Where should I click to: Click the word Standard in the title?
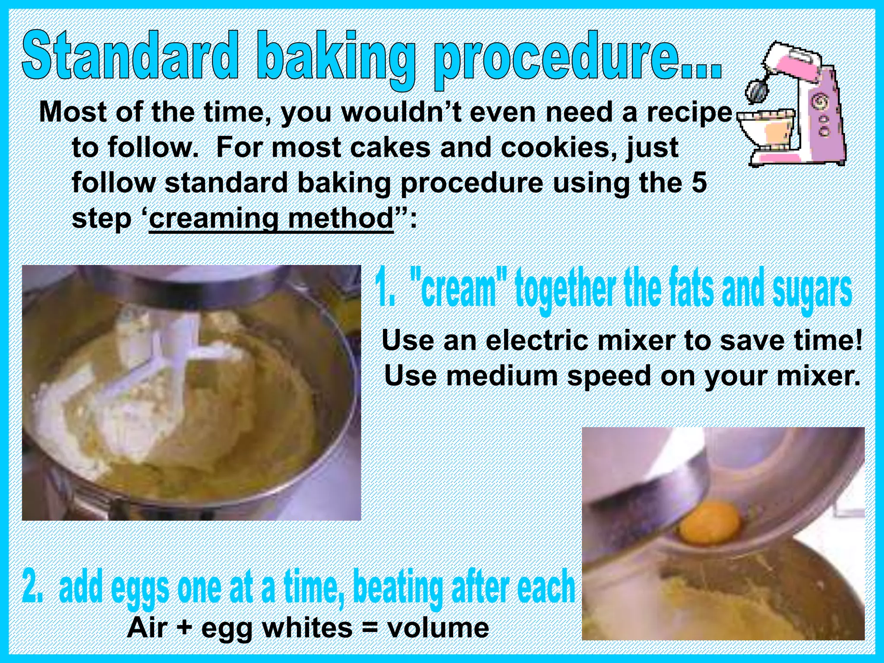129,56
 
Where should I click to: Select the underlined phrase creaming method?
271,219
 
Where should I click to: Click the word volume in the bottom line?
438,628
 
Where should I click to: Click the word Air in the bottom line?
147,628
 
